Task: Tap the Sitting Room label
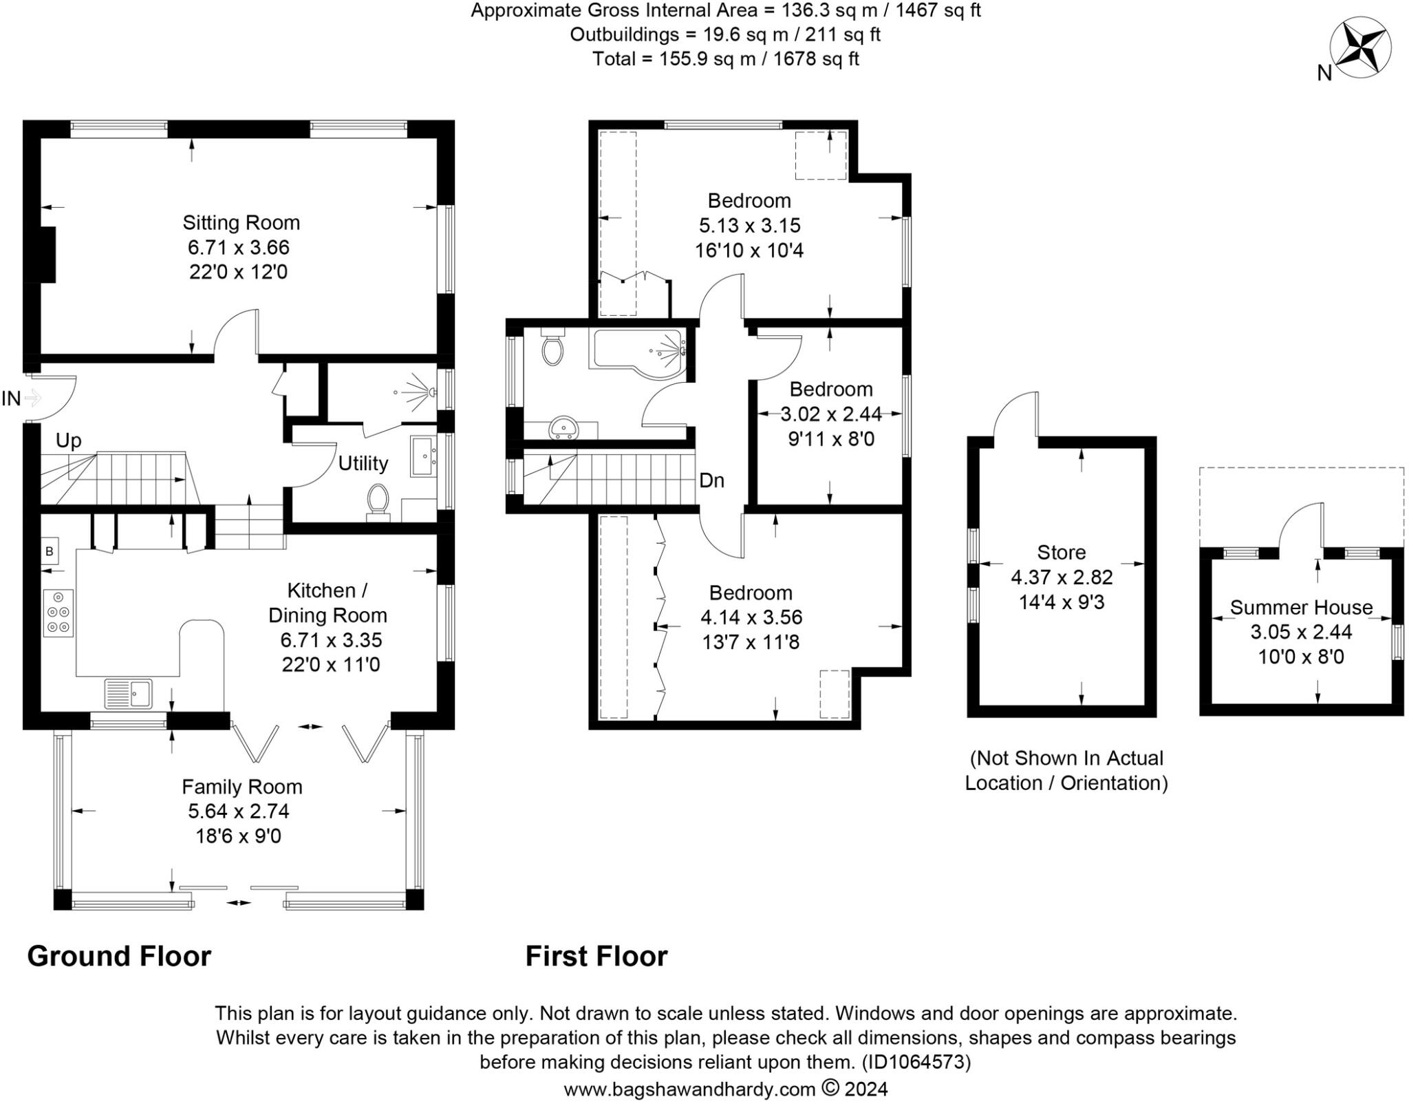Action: click(x=241, y=223)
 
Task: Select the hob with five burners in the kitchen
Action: click(x=58, y=612)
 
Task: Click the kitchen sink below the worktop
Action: click(x=129, y=693)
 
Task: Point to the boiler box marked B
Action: click(x=50, y=551)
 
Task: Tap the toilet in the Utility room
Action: click(x=378, y=500)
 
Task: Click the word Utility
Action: click(x=363, y=463)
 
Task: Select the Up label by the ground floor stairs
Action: click(x=68, y=440)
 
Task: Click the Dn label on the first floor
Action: click(x=711, y=480)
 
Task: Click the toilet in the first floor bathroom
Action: click(x=552, y=348)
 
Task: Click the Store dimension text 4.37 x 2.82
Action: click(x=1061, y=577)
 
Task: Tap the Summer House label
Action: click(x=1300, y=608)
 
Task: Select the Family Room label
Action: click(x=241, y=787)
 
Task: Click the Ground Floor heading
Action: click(x=119, y=957)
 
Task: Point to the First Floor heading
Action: click(x=596, y=957)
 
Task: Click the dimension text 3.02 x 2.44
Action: click(x=830, y=414)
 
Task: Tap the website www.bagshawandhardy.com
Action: click(x=689, y=1089)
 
